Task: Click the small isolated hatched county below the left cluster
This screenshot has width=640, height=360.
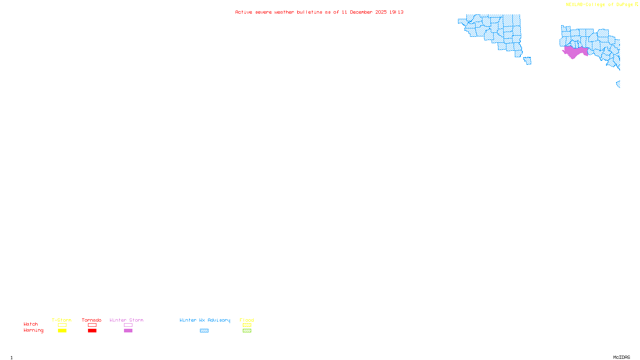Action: coord(528,60)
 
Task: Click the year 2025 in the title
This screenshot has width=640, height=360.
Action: coord(381,12)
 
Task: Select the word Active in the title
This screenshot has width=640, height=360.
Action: coord(244,12)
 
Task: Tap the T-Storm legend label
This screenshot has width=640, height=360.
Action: coord(62,320)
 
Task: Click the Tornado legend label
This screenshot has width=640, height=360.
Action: coord(92,320)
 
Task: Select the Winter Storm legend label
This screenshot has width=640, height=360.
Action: coord(126,320)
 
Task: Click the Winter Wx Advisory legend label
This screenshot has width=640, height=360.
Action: coord(205,320)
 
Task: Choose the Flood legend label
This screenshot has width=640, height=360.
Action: coord(247,320)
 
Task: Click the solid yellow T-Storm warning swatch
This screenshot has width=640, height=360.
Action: coord(62,331)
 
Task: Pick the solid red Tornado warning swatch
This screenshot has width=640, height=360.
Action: coord(92,331)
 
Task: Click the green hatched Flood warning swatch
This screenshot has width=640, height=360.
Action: coord(247,331)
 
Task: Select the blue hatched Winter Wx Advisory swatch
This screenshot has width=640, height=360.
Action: coord(204,331)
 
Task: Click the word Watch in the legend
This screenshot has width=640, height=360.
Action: coord(31,324)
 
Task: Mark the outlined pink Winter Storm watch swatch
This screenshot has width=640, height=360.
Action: coord(128,325)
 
